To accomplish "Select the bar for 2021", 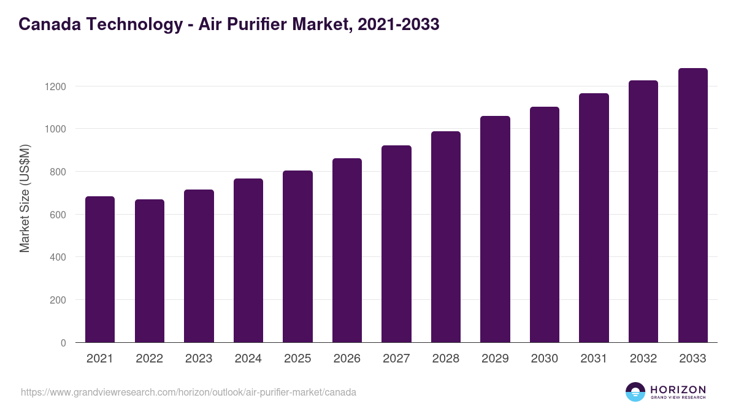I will click(100, 269).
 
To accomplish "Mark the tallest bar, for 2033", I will click(692, 205).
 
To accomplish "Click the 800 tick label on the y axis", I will click(58, 172).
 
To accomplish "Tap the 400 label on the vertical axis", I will click(58, 257).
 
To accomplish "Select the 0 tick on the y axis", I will click(63, 343).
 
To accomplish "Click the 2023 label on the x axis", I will click(199, 359).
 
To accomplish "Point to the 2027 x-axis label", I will click(396, 359).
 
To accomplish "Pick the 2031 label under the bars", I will click(594, 359).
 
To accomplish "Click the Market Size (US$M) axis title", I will click(25, 198).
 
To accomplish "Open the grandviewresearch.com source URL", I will click(188, 392).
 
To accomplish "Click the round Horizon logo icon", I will click(635, 392).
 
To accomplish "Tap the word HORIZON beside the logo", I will click(678, 389).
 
